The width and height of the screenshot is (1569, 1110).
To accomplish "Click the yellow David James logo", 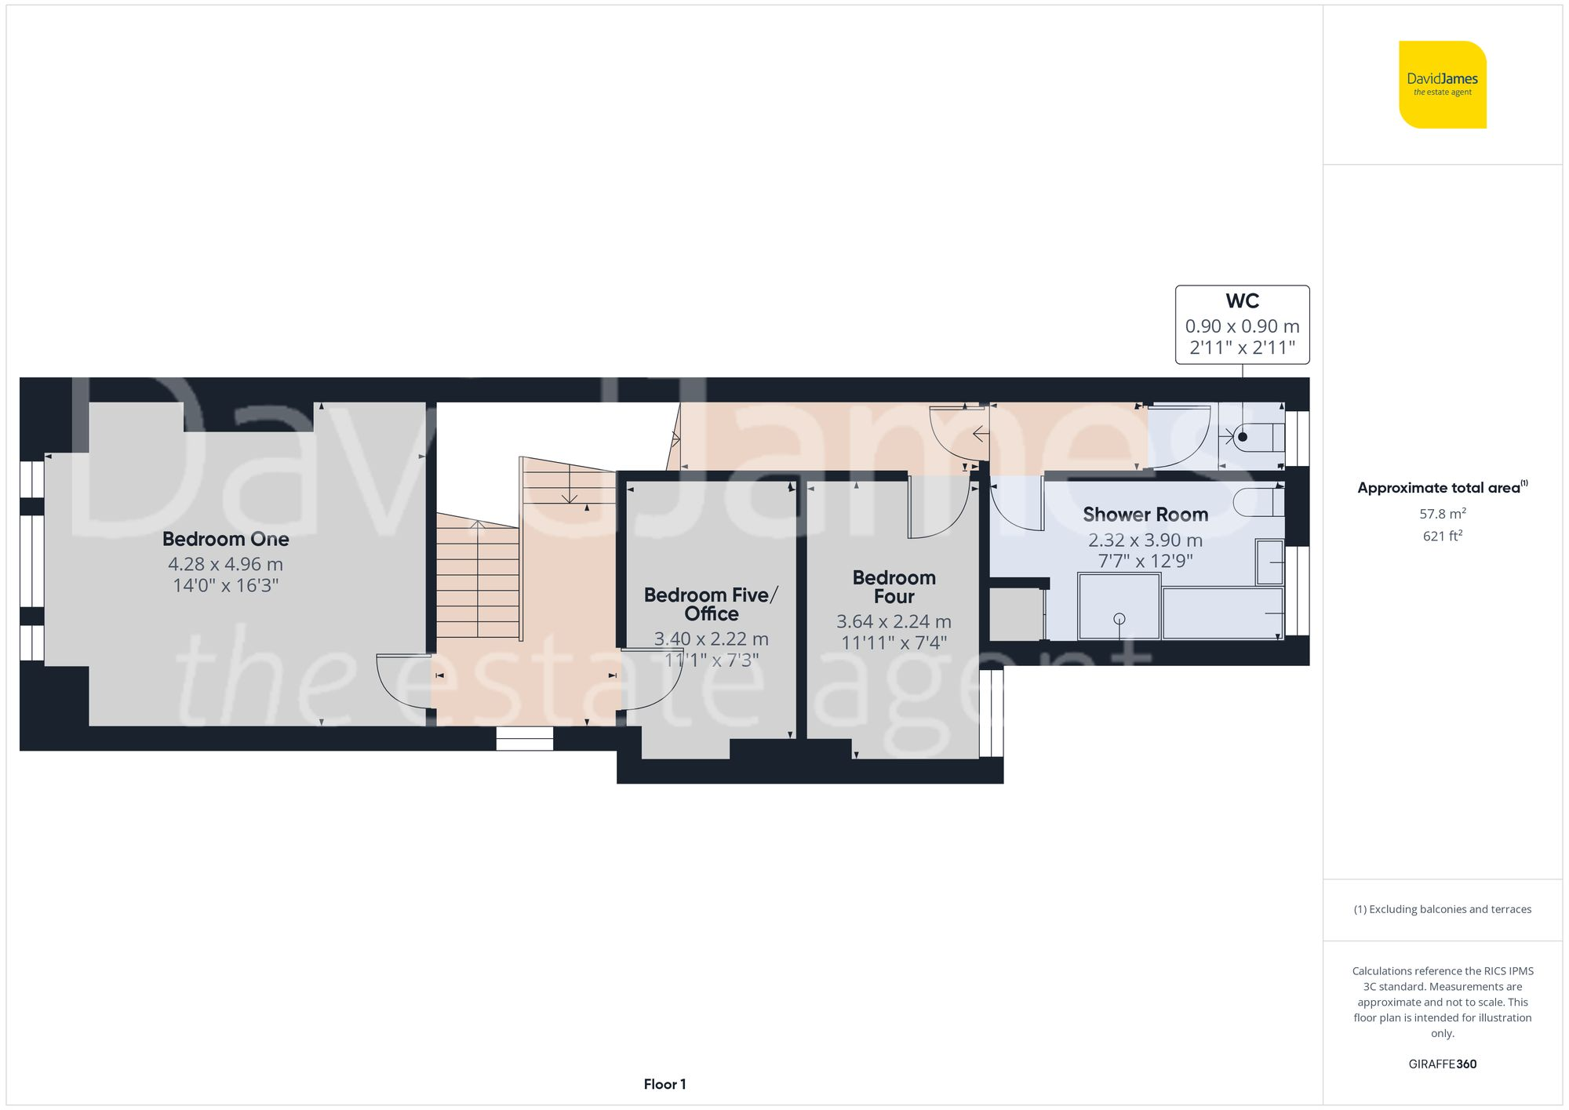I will tap(1442, 85).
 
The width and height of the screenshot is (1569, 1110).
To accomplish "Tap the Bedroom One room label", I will tap(226, 539).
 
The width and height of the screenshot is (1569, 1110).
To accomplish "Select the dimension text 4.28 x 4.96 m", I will tap(226, 564).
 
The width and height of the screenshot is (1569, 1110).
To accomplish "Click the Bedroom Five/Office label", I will tap(711, 604).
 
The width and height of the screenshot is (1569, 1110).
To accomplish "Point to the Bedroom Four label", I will tap(894, 587).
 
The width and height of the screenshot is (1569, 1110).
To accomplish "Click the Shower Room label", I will tap(1145, 515).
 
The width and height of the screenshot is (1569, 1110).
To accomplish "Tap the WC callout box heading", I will tap(1242, 301).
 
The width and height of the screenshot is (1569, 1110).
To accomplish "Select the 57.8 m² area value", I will tap(1442, 514).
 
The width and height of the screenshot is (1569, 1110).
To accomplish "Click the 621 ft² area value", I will tap(1442, 536).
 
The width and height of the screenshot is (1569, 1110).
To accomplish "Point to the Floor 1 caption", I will tap(664, 1084).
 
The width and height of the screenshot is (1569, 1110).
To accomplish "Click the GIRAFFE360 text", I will tap(1442, 1064).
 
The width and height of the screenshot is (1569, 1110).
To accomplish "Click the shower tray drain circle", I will tap(1119, 619).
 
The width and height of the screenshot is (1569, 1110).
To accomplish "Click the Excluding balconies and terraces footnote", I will tap(1442, 909).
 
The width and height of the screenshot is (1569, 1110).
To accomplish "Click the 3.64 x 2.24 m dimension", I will tap(894, 621).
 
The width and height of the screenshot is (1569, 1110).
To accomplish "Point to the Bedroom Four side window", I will tap(992, 712).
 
